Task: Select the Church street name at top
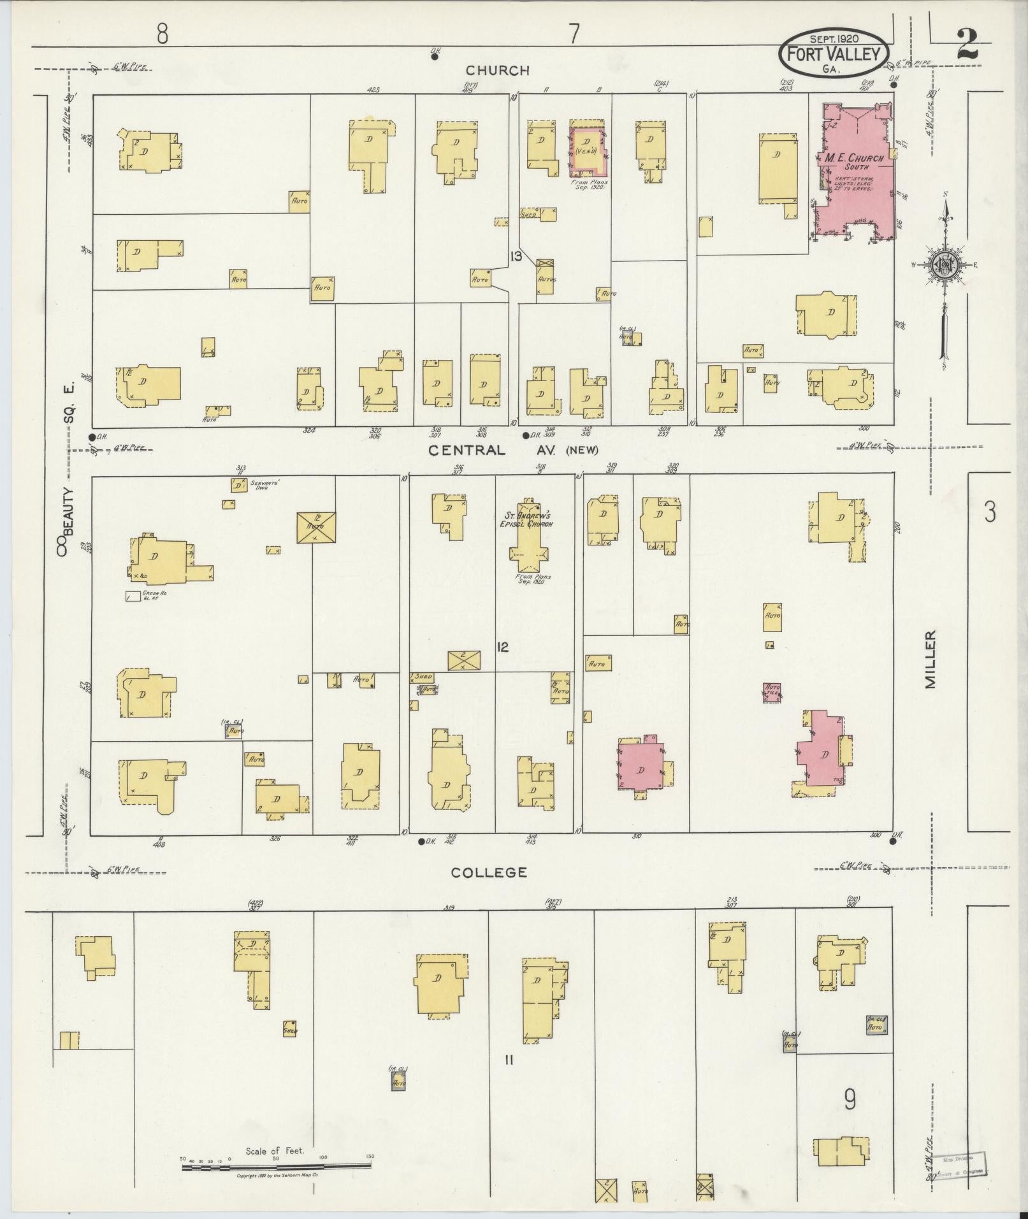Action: pyautogui.click(x=497, y=71)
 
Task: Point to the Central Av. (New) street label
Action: pyautogui.click(x=513, y=451)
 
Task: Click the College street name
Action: pyautogui.click(x=489, y=872)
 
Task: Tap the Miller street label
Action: pyautogui.click(x=931, y=659)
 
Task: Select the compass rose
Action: pyautogui.click(x=943, y=264)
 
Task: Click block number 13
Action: pyautogui.click(x=516, y=257)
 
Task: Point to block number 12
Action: pyautogui.click(x=503, y=647)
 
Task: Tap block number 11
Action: pyautogui.click(x=509, y=1059)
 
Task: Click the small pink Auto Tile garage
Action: pyautogui.click(x=772, y=692)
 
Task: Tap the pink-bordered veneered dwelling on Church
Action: pyautogui.click(x=587, y=150)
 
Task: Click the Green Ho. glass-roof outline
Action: pyautogui.click(x=133, y=597)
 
